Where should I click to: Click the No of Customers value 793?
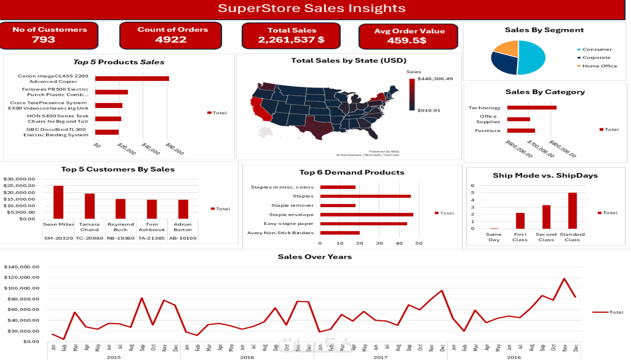43,39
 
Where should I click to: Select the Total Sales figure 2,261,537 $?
291,40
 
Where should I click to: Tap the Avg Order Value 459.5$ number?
407,40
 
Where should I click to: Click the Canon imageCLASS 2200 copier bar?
132,79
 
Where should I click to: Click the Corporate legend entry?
596,58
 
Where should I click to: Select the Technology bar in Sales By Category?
532,108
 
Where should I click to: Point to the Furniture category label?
487,131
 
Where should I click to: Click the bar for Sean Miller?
58,202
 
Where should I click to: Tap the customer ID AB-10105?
183,238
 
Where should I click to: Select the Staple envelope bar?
366,215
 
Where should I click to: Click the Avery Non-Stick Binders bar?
340,233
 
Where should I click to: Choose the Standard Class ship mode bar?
572,210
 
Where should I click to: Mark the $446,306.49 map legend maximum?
435,79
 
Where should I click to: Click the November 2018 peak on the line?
564,278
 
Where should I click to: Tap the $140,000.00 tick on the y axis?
22,267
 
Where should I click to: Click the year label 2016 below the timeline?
247,357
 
